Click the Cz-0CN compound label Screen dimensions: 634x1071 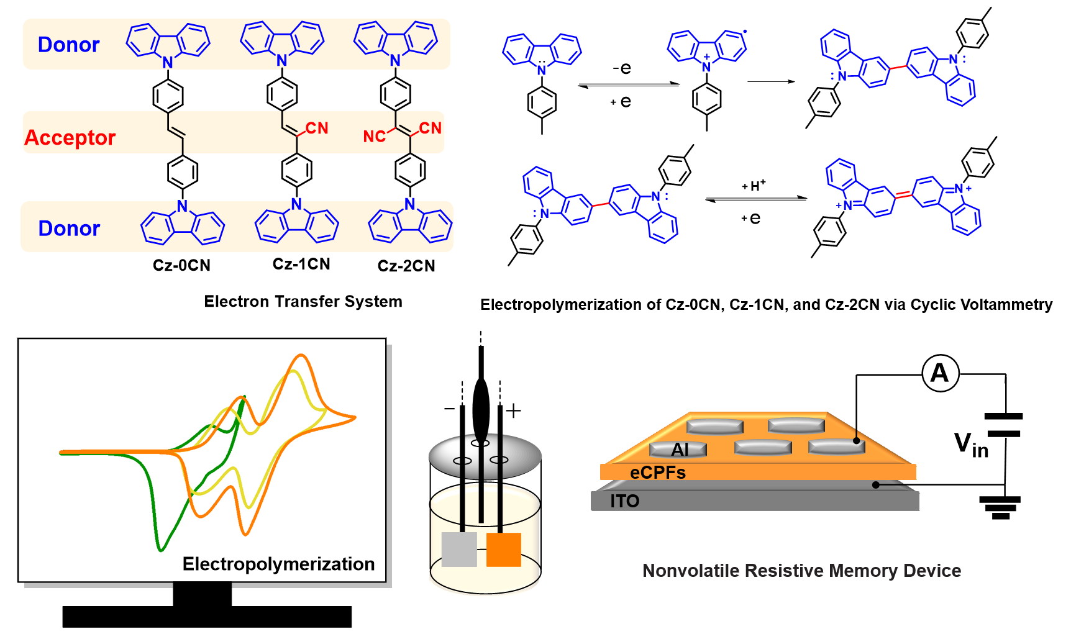click(x=181, y=265)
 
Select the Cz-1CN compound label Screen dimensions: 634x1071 click(x=301, y=264)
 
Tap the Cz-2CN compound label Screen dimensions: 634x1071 click(x=406, y=266)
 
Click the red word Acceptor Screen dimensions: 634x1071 click(x=70, y=137)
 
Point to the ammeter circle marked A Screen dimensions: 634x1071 click(x=940, y=373)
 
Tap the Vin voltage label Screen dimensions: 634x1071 click(x=971, y=445)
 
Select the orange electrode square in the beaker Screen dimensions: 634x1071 click(x=503, y=549)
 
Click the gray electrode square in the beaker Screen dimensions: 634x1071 click(x=459, y=549)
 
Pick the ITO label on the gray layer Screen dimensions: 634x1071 click(x=624, y=501)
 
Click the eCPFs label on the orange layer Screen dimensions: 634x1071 click(x=657, y=473)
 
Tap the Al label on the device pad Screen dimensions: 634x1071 click(x=680, y=449)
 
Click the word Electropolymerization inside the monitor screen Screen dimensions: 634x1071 click(x=278, y=564)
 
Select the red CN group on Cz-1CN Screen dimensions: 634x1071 click(x=317, y=128)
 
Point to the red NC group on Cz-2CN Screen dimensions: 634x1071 click(x=375, y=136)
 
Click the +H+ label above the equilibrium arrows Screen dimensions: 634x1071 click(x=754, y=185)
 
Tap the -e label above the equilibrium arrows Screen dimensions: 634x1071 click(x=622, y=68)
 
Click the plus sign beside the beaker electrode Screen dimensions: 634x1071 click(x=513, y=410)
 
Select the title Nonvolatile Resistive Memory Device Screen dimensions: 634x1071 click(x=801, y=571)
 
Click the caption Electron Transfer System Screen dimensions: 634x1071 click(x=303, y=301)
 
